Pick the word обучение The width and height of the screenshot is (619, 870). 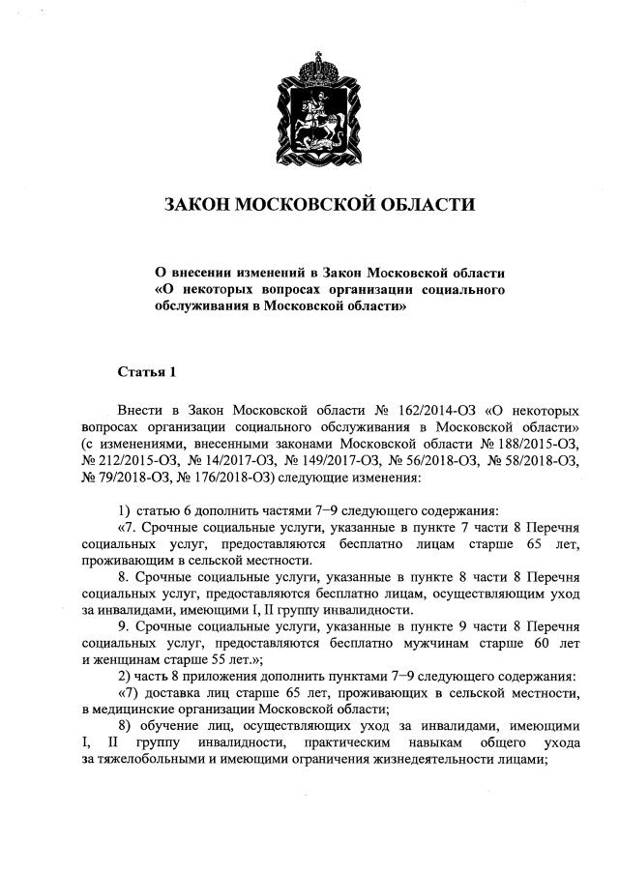pos(166,726)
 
